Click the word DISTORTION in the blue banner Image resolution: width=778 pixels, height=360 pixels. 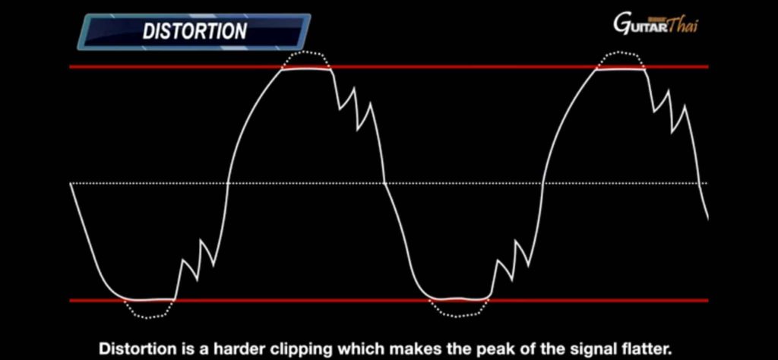coord(194,31)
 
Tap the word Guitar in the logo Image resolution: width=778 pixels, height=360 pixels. coord(640,24)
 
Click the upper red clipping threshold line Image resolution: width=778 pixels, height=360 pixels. coord(389,66)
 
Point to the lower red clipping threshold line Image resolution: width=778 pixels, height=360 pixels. coord(389,300)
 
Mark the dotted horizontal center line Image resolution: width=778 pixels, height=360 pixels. coord(389,184)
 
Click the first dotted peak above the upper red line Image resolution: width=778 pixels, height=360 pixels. coord(305,52)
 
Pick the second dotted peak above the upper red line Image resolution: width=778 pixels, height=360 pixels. coord(620,52)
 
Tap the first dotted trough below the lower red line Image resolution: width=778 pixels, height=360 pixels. coord(149,317)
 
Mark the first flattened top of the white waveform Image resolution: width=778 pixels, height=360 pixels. coord(306,69)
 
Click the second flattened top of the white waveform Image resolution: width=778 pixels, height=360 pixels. coord(620,69)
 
